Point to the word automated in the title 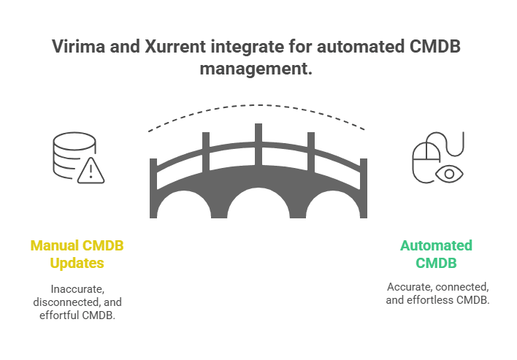[367, 47]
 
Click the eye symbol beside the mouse [448, 174]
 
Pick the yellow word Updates [77, 263]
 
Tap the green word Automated [436, 245]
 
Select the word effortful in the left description [56, 315]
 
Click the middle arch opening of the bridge [258, 207]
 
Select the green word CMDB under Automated [436, 263]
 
